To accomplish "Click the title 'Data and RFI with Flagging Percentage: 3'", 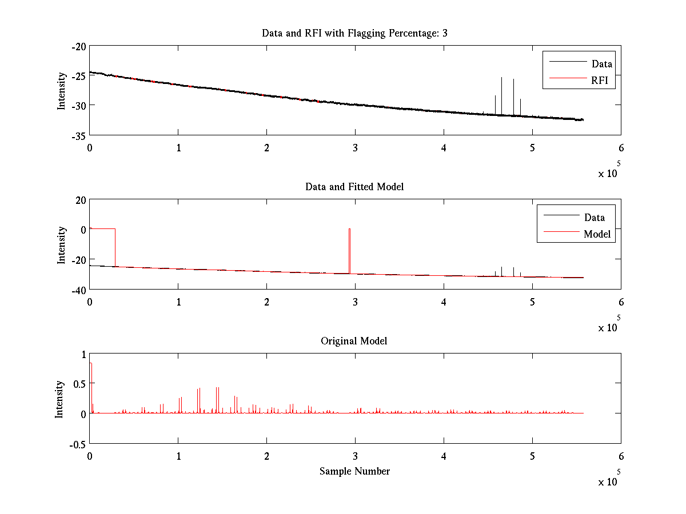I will pyautogui.click(x=354, y=33).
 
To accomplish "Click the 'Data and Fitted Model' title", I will pyautogui.click(x=354, y=187).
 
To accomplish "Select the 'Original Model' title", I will pyautogui.click(x=354, y=341).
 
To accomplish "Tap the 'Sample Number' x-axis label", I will pyautogui.click(x=354, y=471).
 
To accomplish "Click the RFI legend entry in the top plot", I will pyautogui.click(x=603, y=81).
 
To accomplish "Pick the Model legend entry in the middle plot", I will pyautogui.click(x=597, y=234).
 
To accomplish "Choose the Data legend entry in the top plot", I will pyautogui.click(x=601, y=64).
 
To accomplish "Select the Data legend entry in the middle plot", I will pyautogui.click(x=594, y=217).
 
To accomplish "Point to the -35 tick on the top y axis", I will pyautogui.click(x=78, y=136).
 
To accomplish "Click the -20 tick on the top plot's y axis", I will pyautogui.click(x=78, y=46).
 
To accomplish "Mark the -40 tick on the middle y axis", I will pyautogui.click(x=78, y=290).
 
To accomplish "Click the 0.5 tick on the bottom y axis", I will pyautogui.click(x=78, y=384).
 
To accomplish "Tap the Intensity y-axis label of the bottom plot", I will pyautogui.click(x=59, y=399).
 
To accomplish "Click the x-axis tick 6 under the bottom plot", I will pyautogui.click(x=621, y=456).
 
